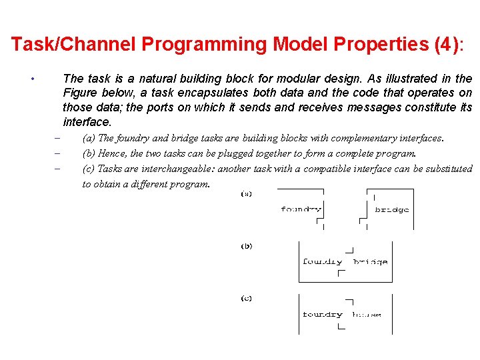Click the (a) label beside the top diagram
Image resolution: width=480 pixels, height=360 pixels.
[247, 194]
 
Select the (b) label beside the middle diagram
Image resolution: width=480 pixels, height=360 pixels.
[247, 246]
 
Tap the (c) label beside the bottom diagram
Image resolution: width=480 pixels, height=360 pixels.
[247, 298]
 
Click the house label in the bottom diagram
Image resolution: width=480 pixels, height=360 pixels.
[367, 314]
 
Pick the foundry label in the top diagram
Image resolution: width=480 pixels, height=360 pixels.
[301, 209]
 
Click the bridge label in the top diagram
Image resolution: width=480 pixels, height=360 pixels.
[392, 209]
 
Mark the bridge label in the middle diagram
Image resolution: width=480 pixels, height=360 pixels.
[370, 262]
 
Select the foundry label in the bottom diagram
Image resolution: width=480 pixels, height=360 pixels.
[322, 314]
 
